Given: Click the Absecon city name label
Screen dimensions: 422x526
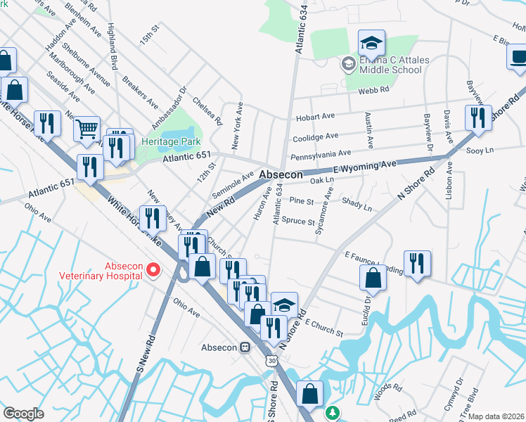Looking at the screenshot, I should [281, 174].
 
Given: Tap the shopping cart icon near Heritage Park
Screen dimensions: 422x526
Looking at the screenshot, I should [86, 129].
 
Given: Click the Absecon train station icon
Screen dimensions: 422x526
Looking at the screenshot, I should [245, 347].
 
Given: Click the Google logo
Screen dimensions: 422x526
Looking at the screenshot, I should [23, 414].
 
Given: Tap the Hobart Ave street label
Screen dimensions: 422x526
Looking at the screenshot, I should [314, 116].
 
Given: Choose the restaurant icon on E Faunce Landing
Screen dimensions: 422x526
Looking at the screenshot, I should [417, 263].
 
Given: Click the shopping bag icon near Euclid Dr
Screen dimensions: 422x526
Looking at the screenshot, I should [373, 278].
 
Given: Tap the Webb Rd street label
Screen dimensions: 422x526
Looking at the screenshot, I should [373, 89].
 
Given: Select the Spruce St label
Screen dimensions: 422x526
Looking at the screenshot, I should [297, 222].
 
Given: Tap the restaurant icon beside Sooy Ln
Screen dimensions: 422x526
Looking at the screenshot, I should [478, 117].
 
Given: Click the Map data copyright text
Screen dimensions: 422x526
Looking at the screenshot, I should [496, 416].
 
